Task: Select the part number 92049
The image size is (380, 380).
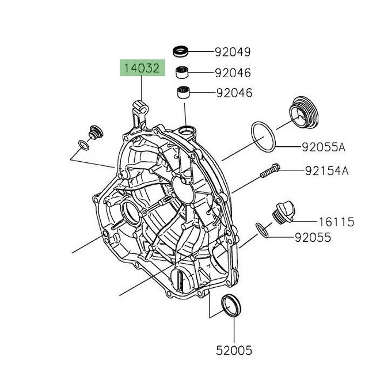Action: click(x=233, y=52)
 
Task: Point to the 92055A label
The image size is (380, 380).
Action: click(x=323, y=147)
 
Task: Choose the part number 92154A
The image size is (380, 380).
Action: click(x=326, y=170)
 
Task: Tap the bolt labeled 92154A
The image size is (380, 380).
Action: click(x=269, y=170)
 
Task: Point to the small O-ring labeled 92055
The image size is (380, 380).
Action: click(x=263, y=229)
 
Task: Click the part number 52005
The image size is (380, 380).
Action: click(x=233, y=349)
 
